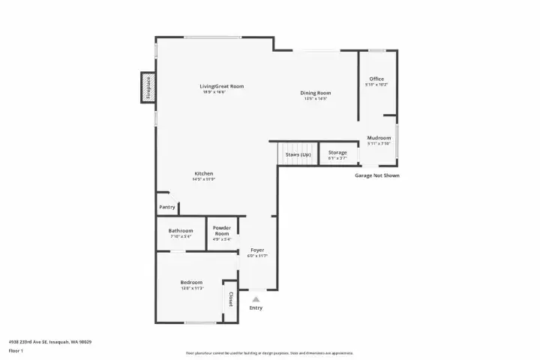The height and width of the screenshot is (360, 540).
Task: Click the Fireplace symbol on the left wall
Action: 148,88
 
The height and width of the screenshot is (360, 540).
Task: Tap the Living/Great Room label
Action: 221,86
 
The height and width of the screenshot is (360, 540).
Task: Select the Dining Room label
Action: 316,93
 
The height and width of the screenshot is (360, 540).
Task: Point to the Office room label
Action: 376,79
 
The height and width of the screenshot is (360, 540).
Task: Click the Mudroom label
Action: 379,138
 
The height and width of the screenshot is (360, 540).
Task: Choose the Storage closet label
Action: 337,153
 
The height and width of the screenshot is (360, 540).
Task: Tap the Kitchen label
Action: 204,173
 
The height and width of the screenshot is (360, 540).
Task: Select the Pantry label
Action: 166,207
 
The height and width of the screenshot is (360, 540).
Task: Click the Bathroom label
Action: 181,231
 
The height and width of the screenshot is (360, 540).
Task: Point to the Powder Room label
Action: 221,231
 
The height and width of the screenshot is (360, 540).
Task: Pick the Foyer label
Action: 257,250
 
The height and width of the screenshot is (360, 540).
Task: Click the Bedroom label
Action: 191,282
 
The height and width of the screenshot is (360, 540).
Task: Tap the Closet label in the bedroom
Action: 230,299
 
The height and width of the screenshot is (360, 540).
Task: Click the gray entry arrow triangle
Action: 256,298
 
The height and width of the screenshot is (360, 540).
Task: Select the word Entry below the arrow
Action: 256,307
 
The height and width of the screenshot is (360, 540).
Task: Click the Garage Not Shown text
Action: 377,175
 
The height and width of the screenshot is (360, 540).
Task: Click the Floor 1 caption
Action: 16,350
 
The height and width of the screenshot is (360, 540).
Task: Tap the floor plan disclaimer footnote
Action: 269,352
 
